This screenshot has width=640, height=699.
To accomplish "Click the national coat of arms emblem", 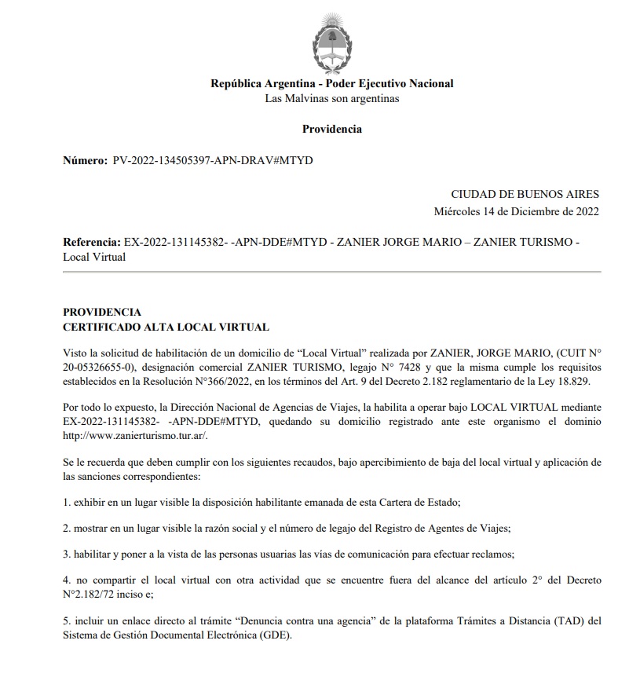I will pyautogui.click(x=331, y=43).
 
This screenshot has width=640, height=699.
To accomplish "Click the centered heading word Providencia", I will pyautogui.click(x=332, y=129).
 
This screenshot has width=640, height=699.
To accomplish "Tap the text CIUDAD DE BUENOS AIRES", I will pyautogui.click(x=525, y=195).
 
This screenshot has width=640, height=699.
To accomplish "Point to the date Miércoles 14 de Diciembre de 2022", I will pyautogui.click(x=516, y=211).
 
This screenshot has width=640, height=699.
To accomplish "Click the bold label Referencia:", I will pyautogui.click(x=91, y=243).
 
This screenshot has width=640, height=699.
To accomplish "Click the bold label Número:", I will pyautogui.click(x=84, y=160).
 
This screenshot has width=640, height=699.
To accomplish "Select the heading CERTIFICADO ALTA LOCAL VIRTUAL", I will pyautogui.click(x=166, y=327).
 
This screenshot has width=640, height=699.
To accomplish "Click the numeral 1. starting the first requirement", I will pyautogui.click(x=67, y=500).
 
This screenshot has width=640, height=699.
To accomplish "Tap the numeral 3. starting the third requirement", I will pyautogui.click(x=67, y=554).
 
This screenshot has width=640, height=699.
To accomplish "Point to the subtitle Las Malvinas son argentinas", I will pyautogui.click(x=332, y=98).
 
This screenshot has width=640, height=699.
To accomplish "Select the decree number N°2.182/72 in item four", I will pyautogui.click(x=94, y=594).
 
